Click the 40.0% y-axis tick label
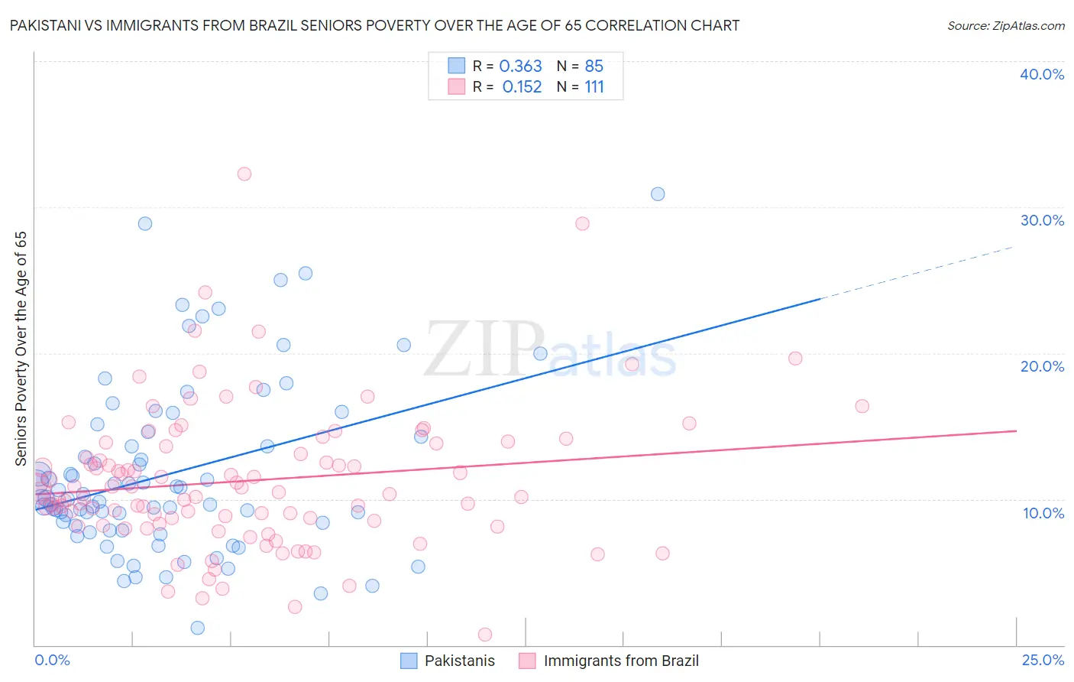pyautogui.click(x=1042, y=74)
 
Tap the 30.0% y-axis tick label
pyautogui.click(x=1042, y=220)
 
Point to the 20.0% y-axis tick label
pyautogui.click(x=1042, y=366)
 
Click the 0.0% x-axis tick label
pyautogui.click(x=52, y=660)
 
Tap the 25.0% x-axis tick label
pyautogui.click(x=1043, y=660)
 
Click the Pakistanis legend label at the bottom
pyautogui.click(x=459, y=661)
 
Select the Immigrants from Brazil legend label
pyautogui.click(x=620, y=661)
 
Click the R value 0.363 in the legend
pyautogui.click(x=520, y=67)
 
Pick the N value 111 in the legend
pyautogui.click(x=594, y=87)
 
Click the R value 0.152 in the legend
pyautogui.click(x=522, y=87)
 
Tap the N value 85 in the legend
pyautogui.click(x=594, y=67)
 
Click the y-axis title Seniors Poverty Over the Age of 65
pyautogui.click(x=21, y=348)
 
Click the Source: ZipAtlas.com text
pyautogui.click(x=1005, y=26)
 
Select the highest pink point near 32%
pyautogui.click(x=244, y=174)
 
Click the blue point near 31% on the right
pyautogui.click(x=658, y=194)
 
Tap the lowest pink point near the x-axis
pyautogui.click(x=484, y=635)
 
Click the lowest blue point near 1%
pyautogui.click(x=197, y=628)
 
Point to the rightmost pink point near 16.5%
pyautogui.click(x=862, y=406)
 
